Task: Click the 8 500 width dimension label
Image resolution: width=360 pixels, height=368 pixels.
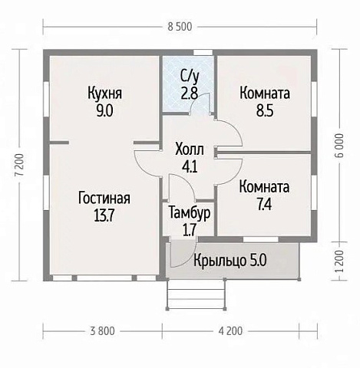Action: (180, 27)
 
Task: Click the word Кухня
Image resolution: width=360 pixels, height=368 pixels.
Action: (105, 94)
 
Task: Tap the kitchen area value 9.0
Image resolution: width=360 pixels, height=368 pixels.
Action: (105, 110)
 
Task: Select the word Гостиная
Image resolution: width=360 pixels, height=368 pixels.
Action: (104, 199)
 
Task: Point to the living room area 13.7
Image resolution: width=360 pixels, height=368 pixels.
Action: (104, 215)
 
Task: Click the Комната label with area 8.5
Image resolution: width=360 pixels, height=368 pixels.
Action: (264, 94)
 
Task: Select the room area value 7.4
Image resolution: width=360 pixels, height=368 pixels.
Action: (264, 205)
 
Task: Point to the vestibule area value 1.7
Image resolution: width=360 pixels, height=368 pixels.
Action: (189, 228)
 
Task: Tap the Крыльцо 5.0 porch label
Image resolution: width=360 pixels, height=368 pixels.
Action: (230, 261)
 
